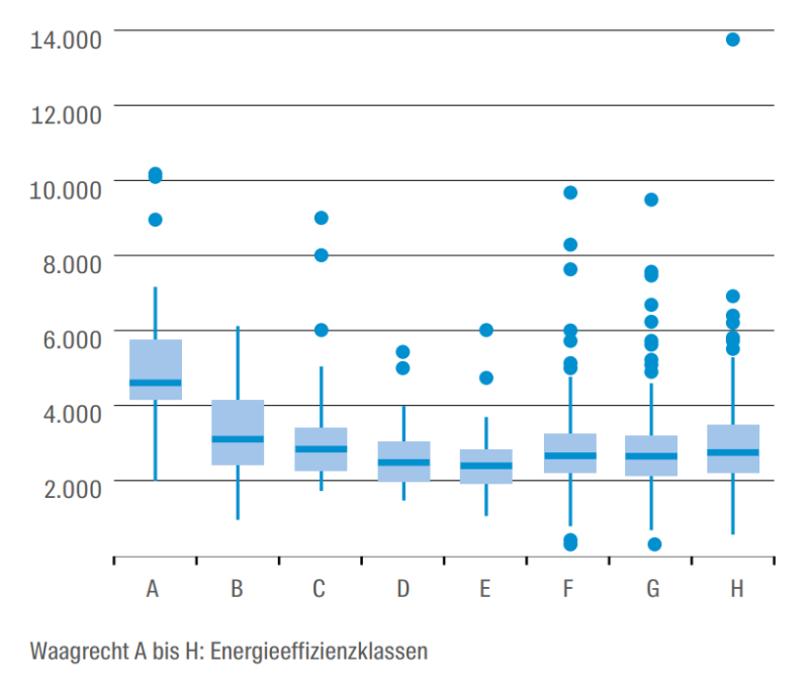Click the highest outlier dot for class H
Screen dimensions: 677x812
(733, 39)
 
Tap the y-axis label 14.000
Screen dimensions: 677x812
(66, 40)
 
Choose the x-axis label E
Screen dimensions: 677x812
(485, 589)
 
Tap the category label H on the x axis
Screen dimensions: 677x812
(736, 589)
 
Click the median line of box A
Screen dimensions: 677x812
(156, 383)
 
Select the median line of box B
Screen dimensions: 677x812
(238, 438)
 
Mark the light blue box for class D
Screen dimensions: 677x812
(404, 461)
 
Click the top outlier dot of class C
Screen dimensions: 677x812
(321, 217)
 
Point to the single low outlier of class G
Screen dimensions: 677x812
(654, 544)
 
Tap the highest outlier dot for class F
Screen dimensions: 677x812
(569, 193)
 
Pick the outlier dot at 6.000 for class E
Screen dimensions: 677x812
(486, 330)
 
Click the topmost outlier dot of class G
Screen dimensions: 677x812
(651, 200)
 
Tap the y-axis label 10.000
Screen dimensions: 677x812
(66, 189)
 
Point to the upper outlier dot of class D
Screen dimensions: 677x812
(402, 351)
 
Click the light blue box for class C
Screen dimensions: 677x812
(321, 449)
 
